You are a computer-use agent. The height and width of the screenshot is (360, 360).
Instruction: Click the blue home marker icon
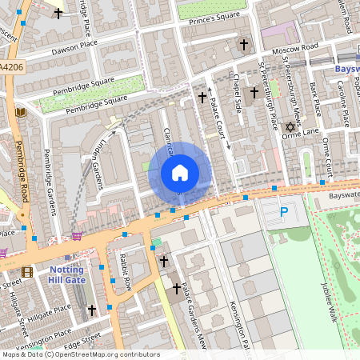(180, 172)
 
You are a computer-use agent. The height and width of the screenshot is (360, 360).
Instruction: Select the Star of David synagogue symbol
(290, 126)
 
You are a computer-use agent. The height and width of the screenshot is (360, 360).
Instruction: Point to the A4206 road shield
(12, 69)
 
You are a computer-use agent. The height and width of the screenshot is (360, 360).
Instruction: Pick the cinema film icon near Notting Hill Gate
(28, 272)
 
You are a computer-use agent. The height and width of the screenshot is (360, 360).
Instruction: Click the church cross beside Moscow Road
(244, 44)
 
